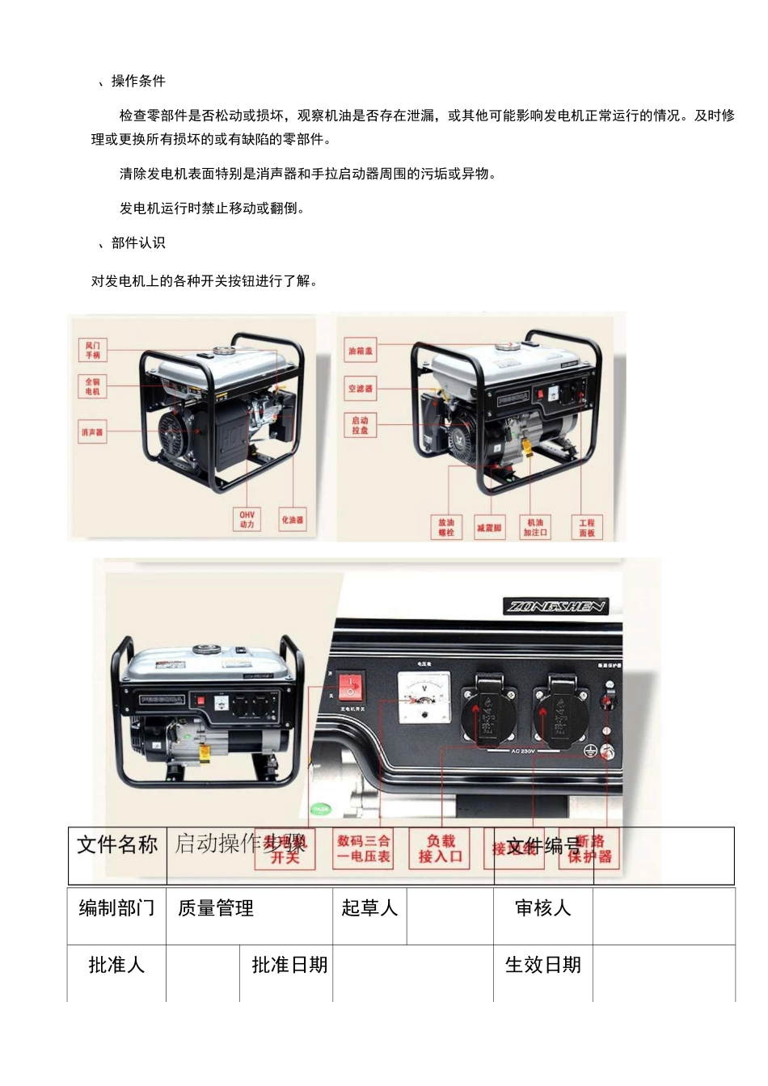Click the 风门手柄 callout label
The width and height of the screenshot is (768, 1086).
[x=93, y=351]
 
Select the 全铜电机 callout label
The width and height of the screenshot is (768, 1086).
[x=93, y=387]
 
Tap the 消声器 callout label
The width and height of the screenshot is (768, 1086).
[x=92, y=432]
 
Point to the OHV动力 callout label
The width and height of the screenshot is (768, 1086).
[x=247, y=520]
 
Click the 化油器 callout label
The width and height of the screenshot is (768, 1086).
[x=292, y=520]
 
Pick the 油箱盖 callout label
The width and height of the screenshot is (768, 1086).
[x=361, y=351]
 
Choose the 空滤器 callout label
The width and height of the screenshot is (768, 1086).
[x=361, y=389]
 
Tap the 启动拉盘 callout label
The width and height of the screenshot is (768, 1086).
[x=361, y=425]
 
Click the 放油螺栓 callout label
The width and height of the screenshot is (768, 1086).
[x=446, y=528]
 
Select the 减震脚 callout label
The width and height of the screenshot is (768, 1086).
[x=489, y=528]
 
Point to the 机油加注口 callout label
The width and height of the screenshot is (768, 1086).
[x=535, y=528]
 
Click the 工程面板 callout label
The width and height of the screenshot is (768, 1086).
[x=587, y=528]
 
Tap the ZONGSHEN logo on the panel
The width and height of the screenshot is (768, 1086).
[x=556, y=606]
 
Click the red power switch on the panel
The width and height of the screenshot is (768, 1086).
[x=350, y=688]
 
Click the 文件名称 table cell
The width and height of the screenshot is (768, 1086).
[x=117, y=845]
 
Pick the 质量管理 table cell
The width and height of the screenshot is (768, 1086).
[x=216, y=909]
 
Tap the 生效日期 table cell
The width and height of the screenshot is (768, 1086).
[x=542, y=966]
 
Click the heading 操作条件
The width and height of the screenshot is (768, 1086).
[x=138, y=81]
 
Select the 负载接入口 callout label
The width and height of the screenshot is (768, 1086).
[x=441, y=849]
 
